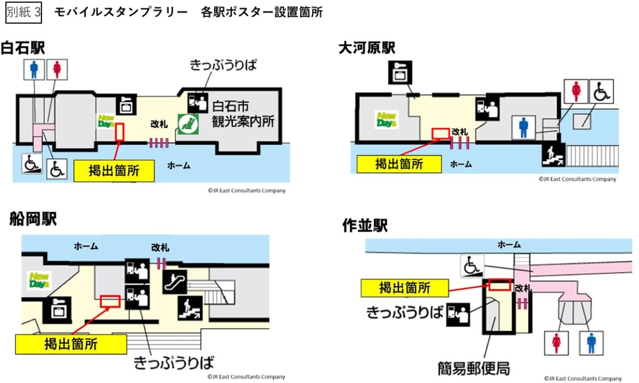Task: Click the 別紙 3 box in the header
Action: [x=23, y=13]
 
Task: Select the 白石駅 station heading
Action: [x=23, y=47]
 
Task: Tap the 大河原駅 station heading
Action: [x=367, y=48]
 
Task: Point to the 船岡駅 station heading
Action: [x=33, y=219]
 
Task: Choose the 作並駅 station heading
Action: [x=365, y=225]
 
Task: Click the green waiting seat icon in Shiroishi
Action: [x=189, y=124]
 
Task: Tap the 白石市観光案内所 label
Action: [x=243, y=114]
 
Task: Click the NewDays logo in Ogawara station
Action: [x=387, y=119]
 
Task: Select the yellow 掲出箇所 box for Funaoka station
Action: [x=71, y=344]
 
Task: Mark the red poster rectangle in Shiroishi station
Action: [x=119, y=132]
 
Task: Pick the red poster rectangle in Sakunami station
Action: [x=499, y=284]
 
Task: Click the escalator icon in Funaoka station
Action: [x=175, y=282]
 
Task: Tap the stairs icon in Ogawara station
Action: [x=554, y=155]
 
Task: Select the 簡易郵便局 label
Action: [x=474, y=368]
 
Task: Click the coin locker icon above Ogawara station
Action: [x=400, y=72]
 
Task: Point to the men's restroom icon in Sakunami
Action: [x=592, y=343]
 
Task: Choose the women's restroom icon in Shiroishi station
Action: [x=57, y=70]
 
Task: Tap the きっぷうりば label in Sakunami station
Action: [x=405, y=312]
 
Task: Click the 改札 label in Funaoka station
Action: [x=160, y=248]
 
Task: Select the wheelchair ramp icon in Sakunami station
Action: [x=472, y=266]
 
